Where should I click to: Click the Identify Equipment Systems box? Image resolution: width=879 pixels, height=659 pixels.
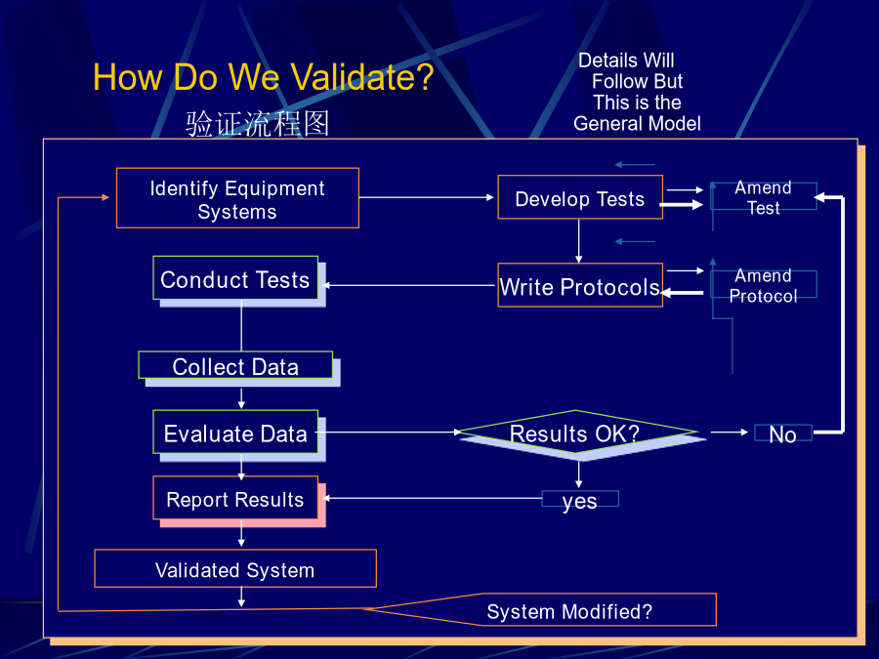(x=237, y=198)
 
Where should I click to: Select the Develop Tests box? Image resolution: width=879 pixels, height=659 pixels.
(x=580, y=197)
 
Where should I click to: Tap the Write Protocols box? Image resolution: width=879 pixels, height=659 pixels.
(x=580, y=285)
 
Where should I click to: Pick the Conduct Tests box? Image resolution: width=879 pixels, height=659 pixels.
(x=235, y=278)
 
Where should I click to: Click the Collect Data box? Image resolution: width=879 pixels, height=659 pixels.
(x=235, y=365)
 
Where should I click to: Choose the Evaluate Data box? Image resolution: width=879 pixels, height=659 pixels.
(x=235, y=432)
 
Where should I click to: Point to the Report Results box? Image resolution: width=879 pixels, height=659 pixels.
(x=235, y=498)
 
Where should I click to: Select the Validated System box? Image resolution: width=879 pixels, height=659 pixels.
(x=235, y=568)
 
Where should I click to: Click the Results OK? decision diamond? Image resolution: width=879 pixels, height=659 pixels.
(x=577, y=432)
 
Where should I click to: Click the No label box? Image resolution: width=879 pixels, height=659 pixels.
(x=783, y=433)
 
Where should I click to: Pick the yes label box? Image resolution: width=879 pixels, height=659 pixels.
(x=580, y=499)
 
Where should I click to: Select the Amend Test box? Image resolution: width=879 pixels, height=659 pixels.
(x=764, y=196)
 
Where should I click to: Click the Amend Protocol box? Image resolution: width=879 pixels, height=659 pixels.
(x=764, y=285)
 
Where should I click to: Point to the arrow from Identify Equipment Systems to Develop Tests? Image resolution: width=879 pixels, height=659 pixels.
(x=427, y=197)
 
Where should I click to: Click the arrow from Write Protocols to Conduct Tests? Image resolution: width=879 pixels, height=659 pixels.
(x=409, y=285)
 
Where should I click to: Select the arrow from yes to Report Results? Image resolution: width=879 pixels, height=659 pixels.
(x=432, y=498)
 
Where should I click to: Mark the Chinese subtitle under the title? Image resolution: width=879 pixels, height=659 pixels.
(x=257, y=123)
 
